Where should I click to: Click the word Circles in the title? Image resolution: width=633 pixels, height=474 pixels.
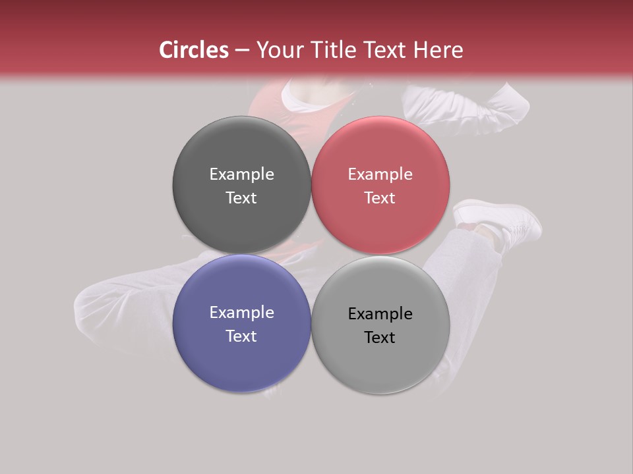(x=193, y=50)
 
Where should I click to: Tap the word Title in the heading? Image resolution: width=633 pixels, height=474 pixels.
(x=336, y=50)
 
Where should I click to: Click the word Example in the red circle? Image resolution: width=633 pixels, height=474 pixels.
(x=380, y=174)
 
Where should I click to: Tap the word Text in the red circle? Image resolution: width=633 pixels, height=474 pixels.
(x=380, y=198)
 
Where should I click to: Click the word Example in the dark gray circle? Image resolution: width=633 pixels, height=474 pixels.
(x=241, y=174)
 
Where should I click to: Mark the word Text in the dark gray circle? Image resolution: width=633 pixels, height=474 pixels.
(x=241, y=198)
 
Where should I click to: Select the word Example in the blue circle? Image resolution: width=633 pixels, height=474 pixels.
(x=241, y=313)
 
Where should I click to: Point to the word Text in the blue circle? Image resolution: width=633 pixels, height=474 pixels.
(x=241, y=336)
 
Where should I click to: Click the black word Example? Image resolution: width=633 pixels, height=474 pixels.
(x=380, y=314)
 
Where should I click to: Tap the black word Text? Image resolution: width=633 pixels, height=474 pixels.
(x=380, y=338)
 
